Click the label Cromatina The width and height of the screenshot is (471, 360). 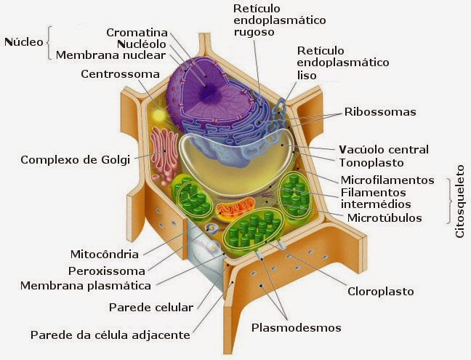(137, 33)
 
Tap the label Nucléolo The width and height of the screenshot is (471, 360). (142, 44)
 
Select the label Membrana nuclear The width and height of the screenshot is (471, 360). (111, 55)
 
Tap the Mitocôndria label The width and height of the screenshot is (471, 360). (104, 255)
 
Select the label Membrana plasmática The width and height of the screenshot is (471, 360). (86, 286)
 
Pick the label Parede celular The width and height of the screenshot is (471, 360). (151, 307)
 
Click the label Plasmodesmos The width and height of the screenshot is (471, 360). (296, 327)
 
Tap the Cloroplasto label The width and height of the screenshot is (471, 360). (379, 291)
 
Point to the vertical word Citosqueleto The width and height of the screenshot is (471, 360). (459, 199)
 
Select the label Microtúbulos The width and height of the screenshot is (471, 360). (384, 217)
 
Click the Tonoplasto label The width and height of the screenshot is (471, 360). (371, 163)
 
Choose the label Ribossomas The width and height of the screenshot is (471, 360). (380, 112)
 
